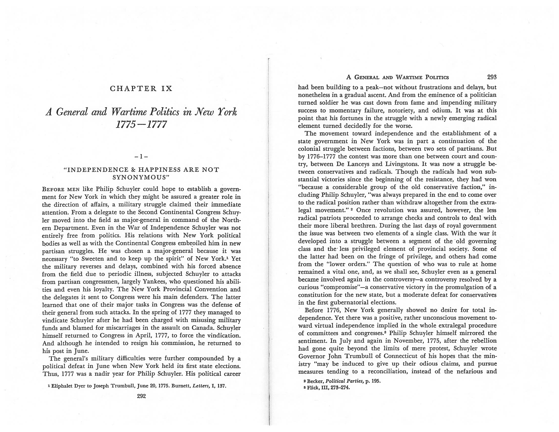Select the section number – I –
(x=141, y=157)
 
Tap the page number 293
(x=492, y=77)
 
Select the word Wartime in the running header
(x=409, y=77)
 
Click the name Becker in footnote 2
(x=315, y=381)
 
